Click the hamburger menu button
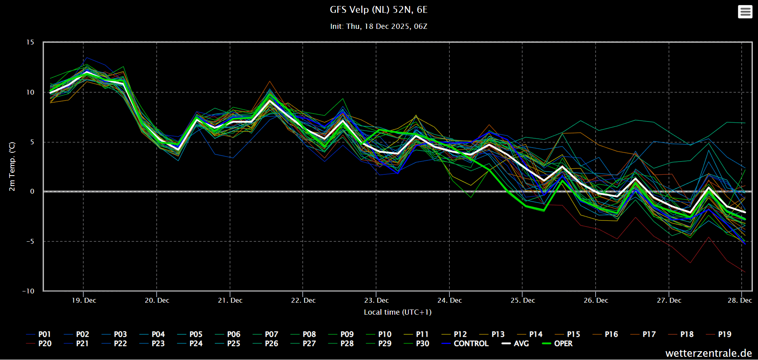tap(745, 12)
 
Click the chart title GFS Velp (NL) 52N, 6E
tap(378, 10)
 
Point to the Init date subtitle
tap(378, 26)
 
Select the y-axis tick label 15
tap(30, 42)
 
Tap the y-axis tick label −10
tap(28, 291)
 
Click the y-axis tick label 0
tap(32, 192)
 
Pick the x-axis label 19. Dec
tap(84, 300)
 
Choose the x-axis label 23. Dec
tap(376, 300)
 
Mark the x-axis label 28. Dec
tap(740, 300)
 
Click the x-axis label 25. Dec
tap(523, 300)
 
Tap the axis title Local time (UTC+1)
tap(398, 312)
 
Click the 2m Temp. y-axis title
tap(12, 166)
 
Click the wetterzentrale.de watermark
tap(709, 353)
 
